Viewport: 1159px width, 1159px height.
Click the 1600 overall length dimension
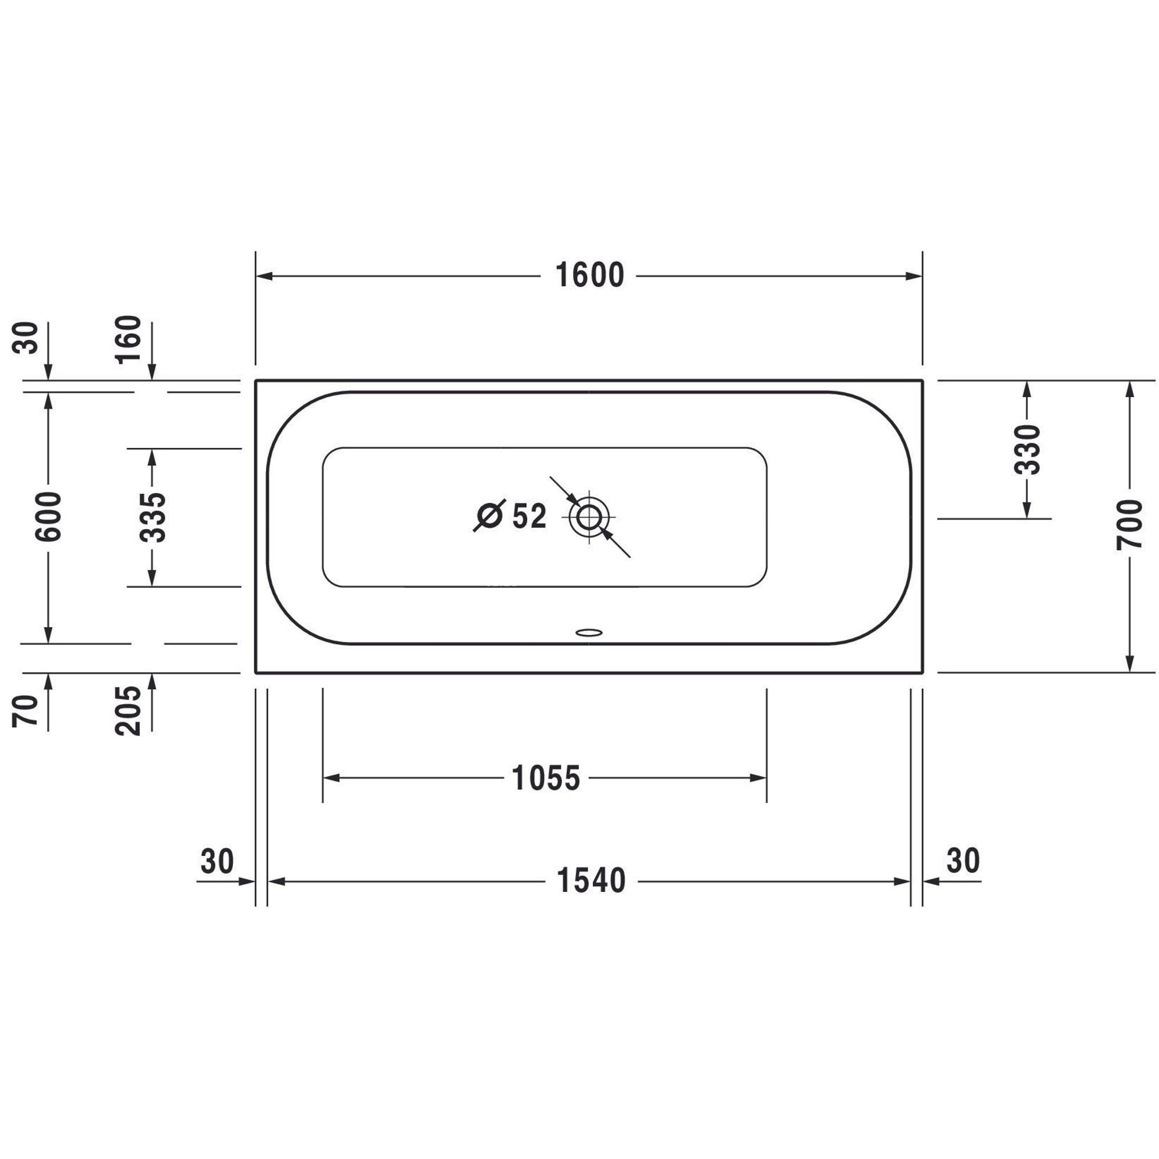click(x=590, y=276)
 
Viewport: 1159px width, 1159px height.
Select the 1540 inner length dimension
click(x=591, y=881)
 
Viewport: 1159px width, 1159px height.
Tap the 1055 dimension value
click(x=546, y=779)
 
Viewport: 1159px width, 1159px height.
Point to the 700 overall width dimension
click(x=1130, y=524)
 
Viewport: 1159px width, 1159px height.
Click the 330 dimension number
click(x=1026, y=449)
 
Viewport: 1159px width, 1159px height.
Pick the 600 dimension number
click(x=49, y=516)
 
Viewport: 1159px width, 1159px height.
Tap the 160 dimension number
click(x=129, y=340)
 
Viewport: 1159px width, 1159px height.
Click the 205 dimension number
click(x=129, y=711)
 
